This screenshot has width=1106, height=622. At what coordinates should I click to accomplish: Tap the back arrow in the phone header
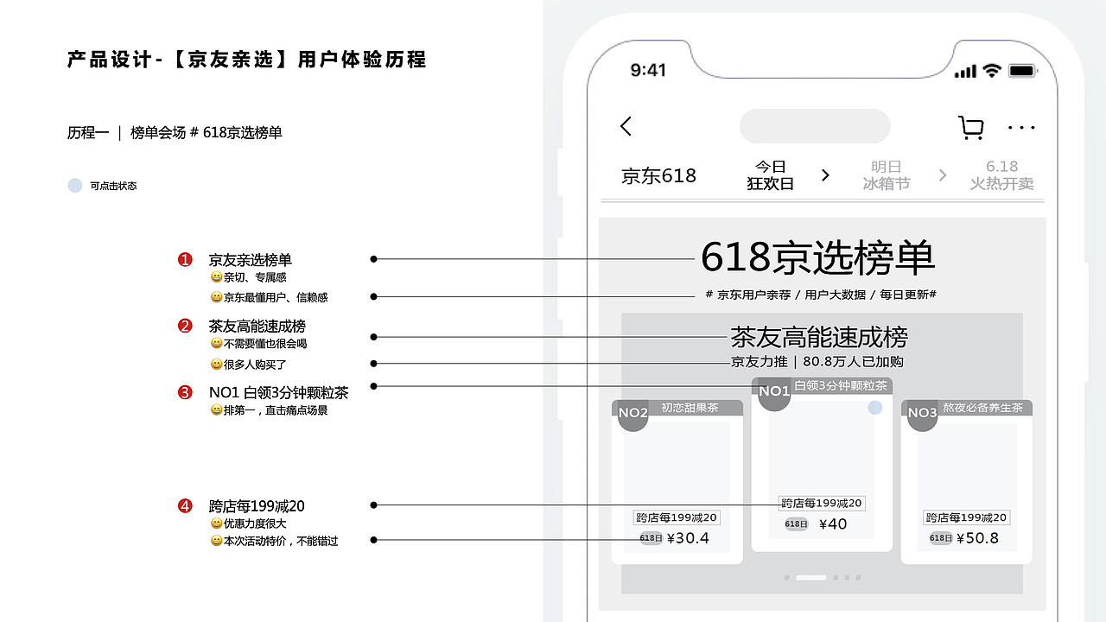pos(626,126)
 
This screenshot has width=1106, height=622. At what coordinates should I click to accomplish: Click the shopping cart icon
pos(971,128)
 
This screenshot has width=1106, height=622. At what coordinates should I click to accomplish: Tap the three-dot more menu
pos(1021,128)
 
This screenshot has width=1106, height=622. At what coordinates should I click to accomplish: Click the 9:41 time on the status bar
pos(648,70)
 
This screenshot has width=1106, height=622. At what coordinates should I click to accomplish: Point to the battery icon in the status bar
pos(1023,71)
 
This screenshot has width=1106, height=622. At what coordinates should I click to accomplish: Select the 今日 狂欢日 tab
pos(770,175)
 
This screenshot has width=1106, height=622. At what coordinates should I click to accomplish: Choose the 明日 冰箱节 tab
pos(886,175)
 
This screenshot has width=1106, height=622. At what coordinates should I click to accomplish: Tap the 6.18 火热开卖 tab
pos(1001,175)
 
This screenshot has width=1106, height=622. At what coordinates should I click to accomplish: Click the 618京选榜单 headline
pos(817,257)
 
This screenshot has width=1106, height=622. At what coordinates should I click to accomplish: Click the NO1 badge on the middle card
pos(774,392)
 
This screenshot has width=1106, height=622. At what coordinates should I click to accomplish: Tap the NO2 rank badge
pos(633,414)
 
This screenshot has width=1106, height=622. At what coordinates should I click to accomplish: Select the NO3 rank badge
pos(922,414)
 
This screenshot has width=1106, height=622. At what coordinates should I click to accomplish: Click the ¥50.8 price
pos(976,538)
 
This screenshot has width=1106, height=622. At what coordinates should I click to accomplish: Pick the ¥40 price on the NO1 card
pos(833,524)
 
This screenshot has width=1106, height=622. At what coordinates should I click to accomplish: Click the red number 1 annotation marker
pos(185,260)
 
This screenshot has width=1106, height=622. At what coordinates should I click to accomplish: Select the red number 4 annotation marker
pos(185,506)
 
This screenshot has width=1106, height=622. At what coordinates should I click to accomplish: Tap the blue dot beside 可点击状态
pos(75,186)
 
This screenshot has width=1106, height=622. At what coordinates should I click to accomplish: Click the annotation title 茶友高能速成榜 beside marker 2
pos(257,327)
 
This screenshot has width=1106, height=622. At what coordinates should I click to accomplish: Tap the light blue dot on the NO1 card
pos(875,408)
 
